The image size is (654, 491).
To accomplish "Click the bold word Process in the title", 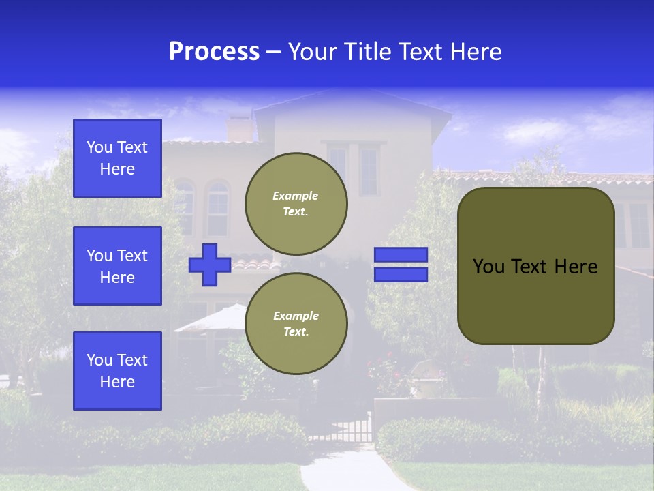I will point(214,52).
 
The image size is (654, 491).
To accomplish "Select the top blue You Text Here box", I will point(117,158).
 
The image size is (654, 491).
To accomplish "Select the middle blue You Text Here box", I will point(117,266).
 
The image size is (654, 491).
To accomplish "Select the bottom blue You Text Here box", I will point(117,370).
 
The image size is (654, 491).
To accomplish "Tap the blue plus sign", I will point(210,265).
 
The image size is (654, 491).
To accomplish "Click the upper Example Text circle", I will point(296,203).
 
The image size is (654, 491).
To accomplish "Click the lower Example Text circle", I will point(296,323).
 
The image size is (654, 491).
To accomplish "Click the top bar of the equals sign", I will point(401,254).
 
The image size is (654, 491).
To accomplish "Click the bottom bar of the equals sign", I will point(401,275).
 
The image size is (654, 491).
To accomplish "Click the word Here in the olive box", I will point(576,267).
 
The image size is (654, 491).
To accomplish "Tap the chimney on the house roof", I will point(239,128).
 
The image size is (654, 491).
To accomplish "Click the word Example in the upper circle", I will point(296,196).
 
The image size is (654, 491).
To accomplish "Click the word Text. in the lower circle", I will point(296,332).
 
